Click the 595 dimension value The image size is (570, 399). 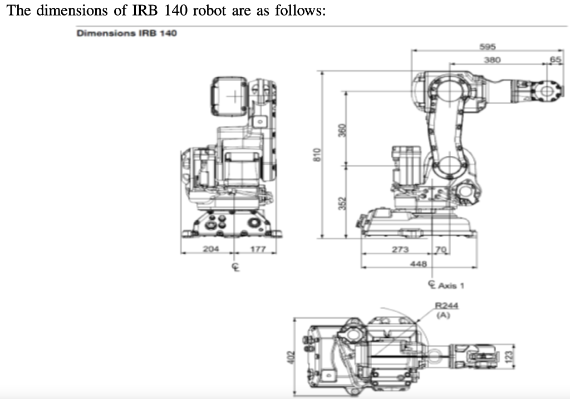(488, 47)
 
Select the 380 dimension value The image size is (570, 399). (492, 59)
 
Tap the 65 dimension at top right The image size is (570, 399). (555, 59)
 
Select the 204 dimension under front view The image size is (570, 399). (210, 248)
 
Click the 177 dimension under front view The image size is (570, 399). (255, 248)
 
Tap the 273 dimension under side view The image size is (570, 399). (400, 249)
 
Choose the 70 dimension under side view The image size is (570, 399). (441, 249)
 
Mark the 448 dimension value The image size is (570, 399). (417, 264)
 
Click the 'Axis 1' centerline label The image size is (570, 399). (450, 285)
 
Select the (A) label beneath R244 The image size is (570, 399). (443, 314)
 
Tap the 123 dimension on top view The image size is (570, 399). (508, 354)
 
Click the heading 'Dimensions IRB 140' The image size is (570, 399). (126, 33)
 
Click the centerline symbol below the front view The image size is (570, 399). (235, 268)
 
